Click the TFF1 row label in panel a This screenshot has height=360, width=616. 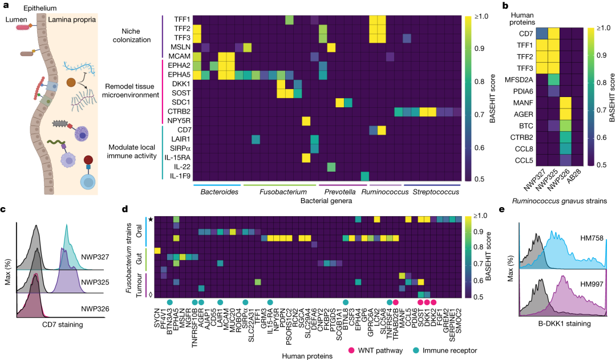tap(181, 19)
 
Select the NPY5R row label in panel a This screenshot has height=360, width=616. tap(179, 120)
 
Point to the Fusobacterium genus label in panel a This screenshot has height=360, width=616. tap(276, 193)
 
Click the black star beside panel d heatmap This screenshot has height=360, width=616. tap(150, 219)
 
